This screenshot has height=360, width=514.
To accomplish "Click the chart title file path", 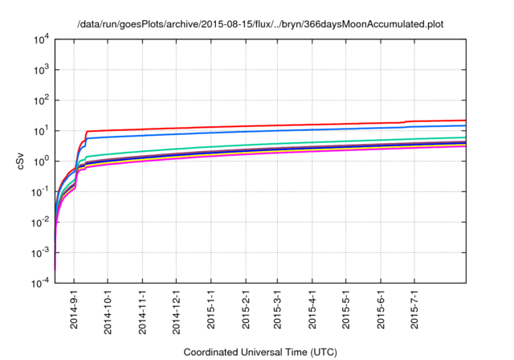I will pyautogui.click(x=260, y=25).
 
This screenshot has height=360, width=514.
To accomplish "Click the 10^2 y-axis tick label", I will pyautogui.click(x=42, y=100).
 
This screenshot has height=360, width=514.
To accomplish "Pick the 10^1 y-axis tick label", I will pyautogui.click(x=42, y=131).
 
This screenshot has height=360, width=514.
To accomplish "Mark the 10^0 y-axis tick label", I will pyautogui.click(x=42, y=162).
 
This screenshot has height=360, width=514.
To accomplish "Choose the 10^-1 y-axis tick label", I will pyautogui.click(x=41, y=192).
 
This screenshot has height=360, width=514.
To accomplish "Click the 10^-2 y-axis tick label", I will pyautogui.click(x=41, y=223).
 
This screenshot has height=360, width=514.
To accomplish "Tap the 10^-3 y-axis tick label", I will pyautogui.click(x=41, y=253).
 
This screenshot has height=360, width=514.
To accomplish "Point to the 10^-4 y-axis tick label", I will pyautogui.click(x=41, y=284).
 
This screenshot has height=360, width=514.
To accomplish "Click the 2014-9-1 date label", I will pyautogui.click(x=74, y=310).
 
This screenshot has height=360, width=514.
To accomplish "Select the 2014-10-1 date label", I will pyautogui.click(x=108, y=313).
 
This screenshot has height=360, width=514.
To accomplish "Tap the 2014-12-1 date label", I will pyautogui.click(x=176, y=313).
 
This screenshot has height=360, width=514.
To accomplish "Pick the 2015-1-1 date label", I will pyautogui.click(x=210, y=310).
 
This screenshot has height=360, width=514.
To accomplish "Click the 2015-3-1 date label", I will pyautogui.click(x=278, y=310).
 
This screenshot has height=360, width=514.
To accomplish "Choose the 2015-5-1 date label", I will pyautogui.click(x=346, y=310).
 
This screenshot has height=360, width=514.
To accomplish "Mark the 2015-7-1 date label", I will pyautogui.click(x=414, y=310).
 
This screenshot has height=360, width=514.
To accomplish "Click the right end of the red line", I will pyautogui.click(x=466, y=121).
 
